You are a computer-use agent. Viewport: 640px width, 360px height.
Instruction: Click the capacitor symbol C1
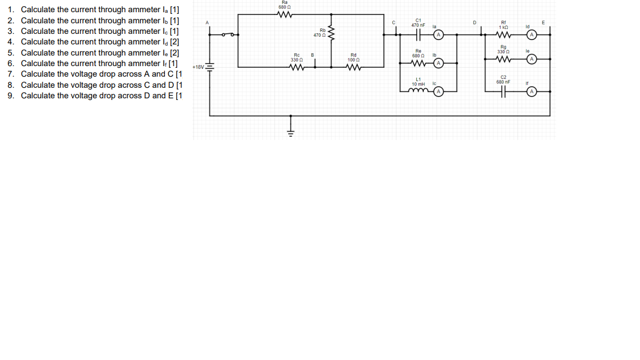click(418, 34)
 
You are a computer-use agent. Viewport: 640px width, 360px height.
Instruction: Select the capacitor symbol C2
click(503, 91)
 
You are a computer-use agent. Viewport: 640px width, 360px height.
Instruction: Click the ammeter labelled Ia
click(438, 34)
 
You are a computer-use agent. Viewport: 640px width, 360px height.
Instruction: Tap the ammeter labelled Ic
click(438, 91)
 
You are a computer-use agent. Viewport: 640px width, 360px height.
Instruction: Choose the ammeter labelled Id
click(532, 34)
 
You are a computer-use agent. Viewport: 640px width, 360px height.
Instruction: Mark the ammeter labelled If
click(532, 91)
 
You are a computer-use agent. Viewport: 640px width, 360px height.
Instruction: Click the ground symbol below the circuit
click(289, 131)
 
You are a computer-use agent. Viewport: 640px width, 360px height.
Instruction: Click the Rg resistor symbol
click(503, 59)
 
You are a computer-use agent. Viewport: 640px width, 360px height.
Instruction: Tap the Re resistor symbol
click(417, 63)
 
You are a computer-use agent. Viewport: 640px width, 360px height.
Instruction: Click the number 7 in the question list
click(11, 74)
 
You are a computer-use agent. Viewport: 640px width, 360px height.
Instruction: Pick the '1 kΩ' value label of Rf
click(503, 27)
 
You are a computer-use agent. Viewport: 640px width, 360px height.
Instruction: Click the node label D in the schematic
click(474, 22)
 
